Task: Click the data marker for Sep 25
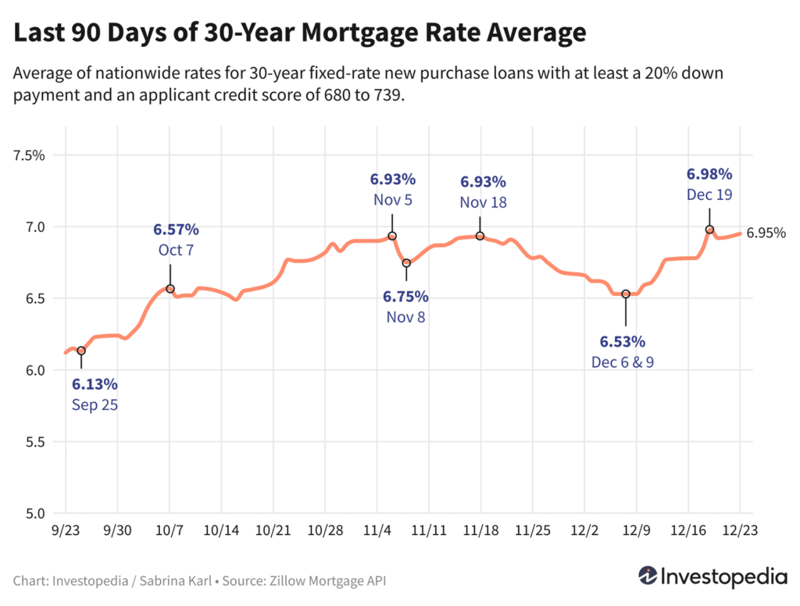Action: click(80, 351)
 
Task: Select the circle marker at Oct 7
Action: click(170, 289)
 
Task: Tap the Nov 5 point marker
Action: click(392, 236)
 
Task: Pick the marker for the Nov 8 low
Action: click(406, 263)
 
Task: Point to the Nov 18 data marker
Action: click(480, 236)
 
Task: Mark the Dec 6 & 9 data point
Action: click(626, 294)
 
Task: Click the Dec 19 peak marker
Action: click(709, 230)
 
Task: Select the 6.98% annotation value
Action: click(709, 173)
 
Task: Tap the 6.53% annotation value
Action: click(623, 341)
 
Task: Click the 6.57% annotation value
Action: click(176, 230)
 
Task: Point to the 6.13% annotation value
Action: click(95, 384)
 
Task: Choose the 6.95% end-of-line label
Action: click(766, 233)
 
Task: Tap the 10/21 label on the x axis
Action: click(273, 529)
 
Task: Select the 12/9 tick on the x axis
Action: click(635, 529)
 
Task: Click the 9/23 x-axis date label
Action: click(66, 529)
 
